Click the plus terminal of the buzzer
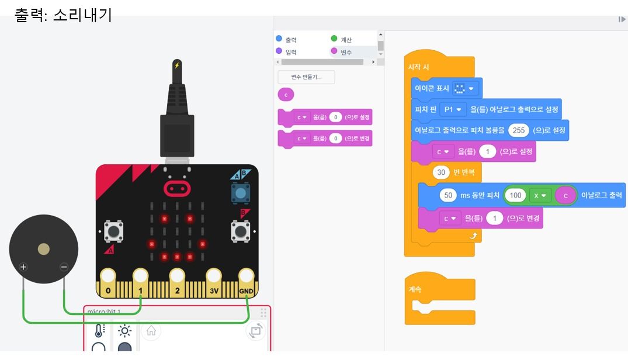(23, 267)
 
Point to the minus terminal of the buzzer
(64, 267)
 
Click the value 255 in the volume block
(518, 130)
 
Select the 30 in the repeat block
(441, 172)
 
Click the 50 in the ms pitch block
(448, 195)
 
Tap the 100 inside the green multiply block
(515, 195)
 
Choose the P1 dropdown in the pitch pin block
(453, 109)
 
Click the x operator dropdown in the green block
(540, 195)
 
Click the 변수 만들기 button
(306, 77)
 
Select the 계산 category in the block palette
(342, 40)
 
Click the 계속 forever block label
(415, 289)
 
